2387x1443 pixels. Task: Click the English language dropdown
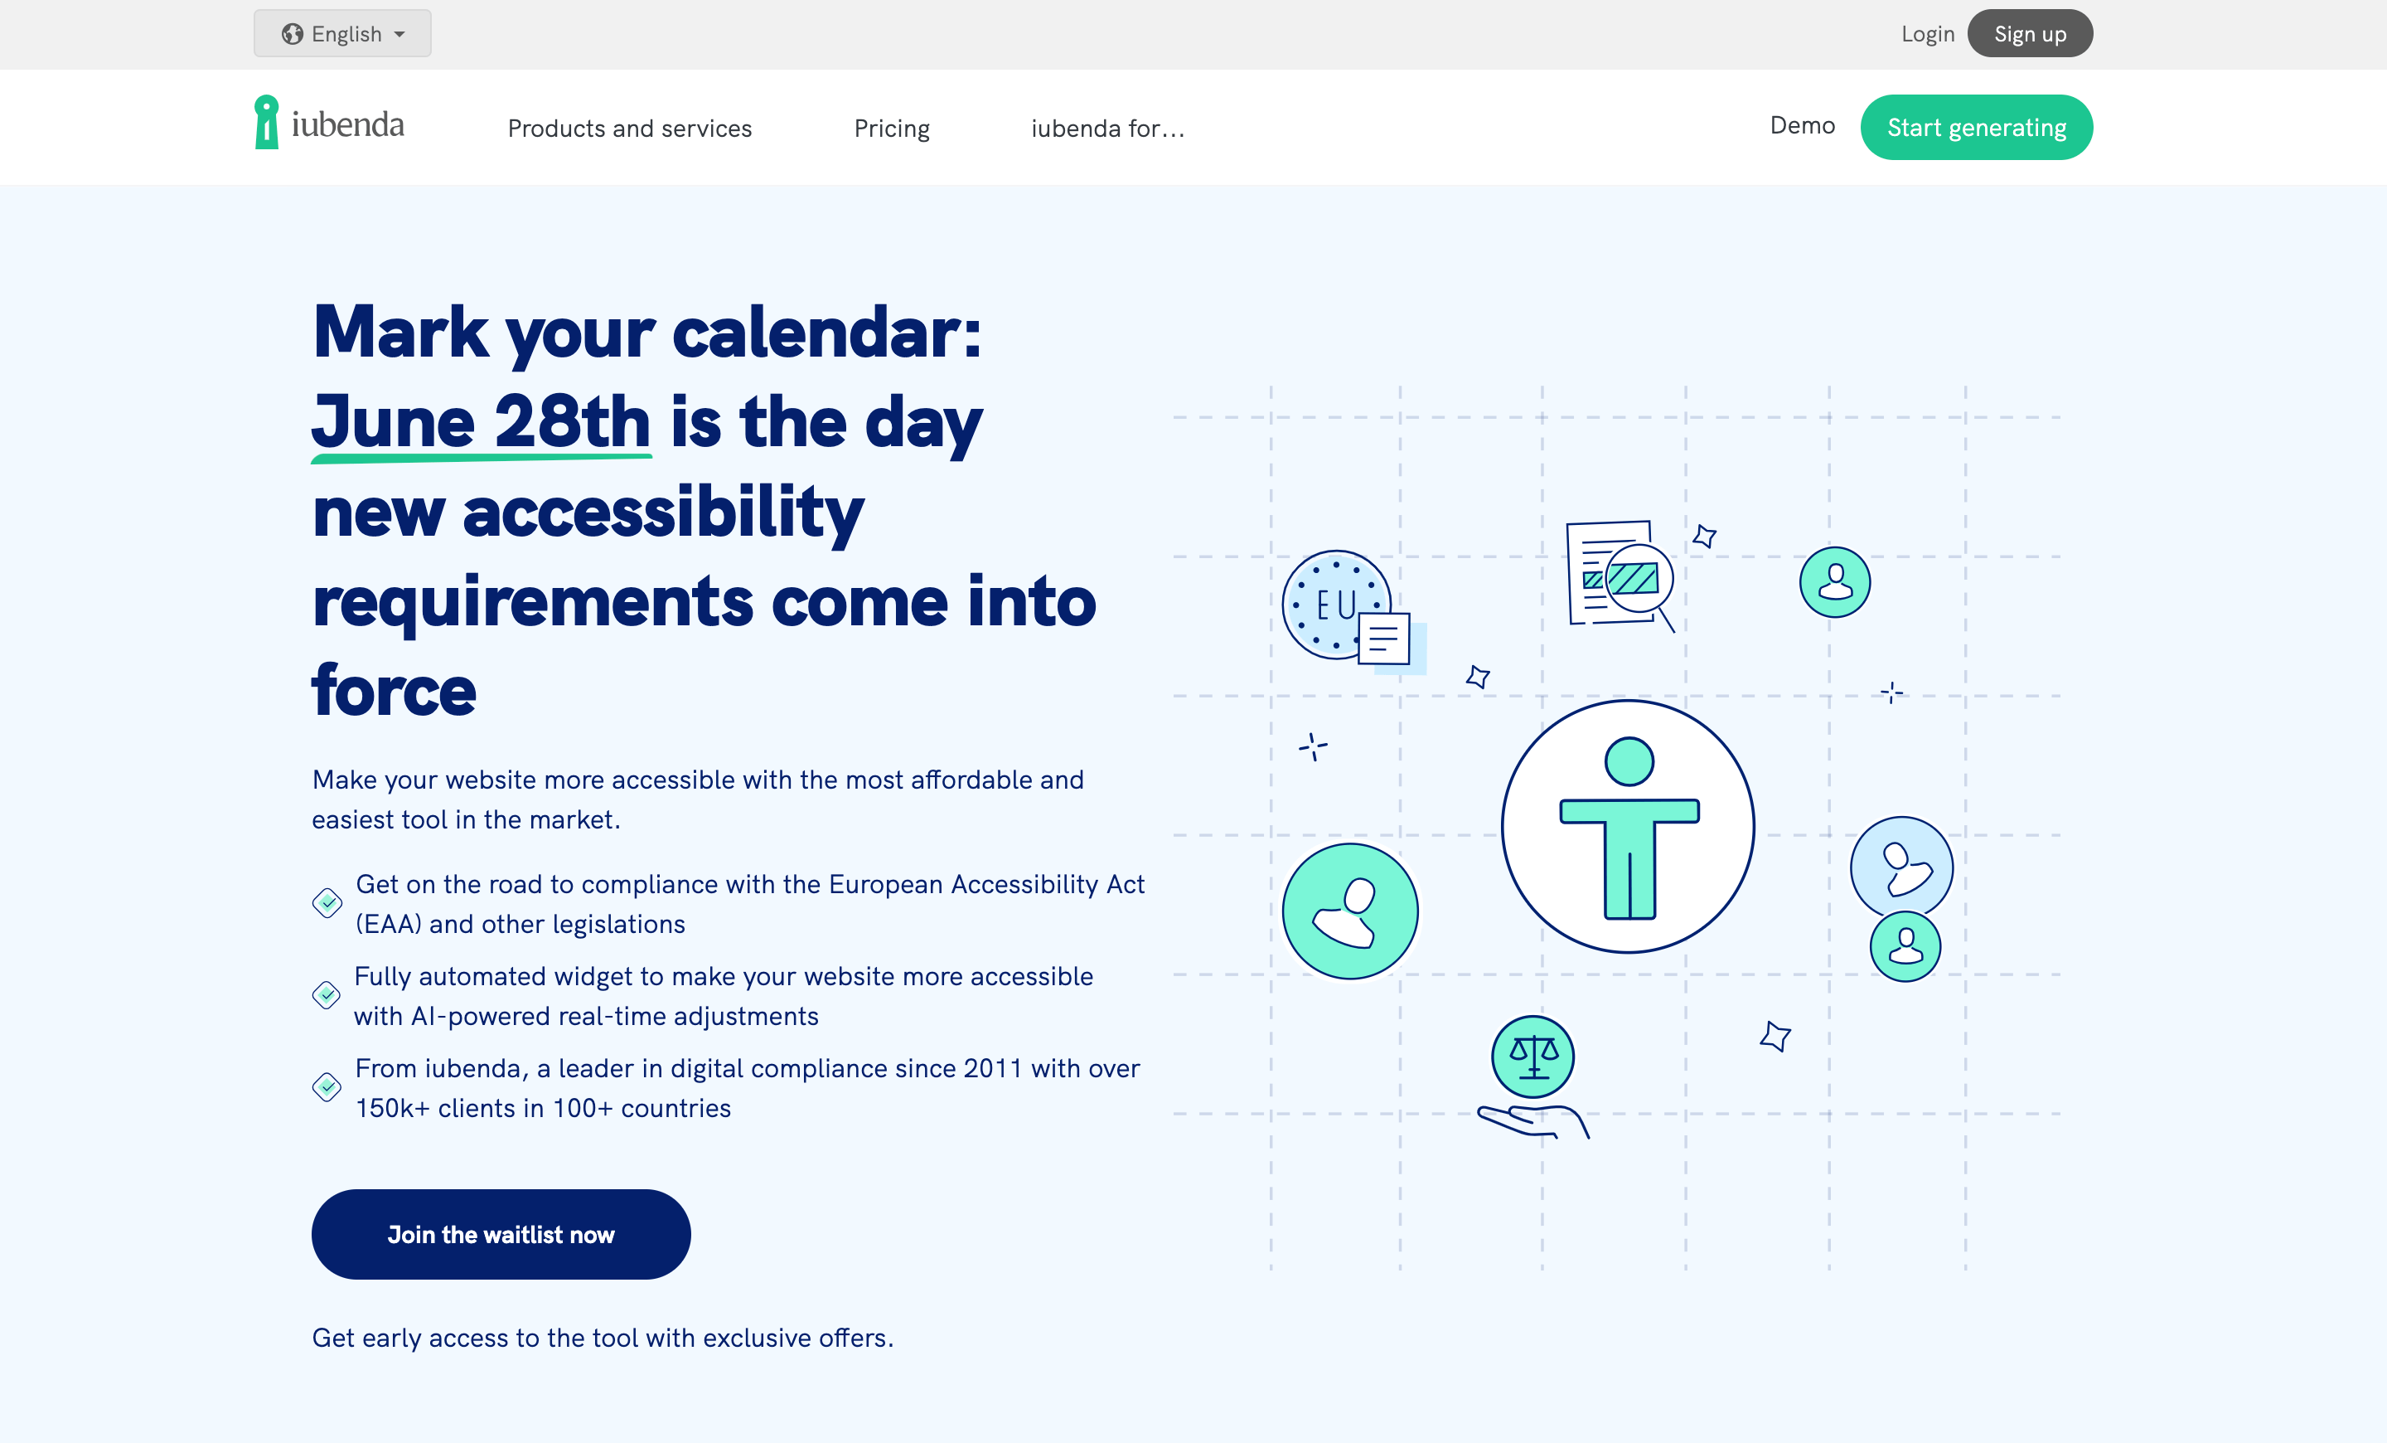click(342, 34)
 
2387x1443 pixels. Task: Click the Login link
click(1927, 34)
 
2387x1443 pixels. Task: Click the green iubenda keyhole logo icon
click(266, 122)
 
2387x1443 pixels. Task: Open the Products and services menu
click(630, 128)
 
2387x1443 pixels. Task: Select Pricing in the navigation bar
click(891, 128)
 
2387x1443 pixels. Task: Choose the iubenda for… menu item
click(1107, 128)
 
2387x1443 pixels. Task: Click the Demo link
click(1802, 125)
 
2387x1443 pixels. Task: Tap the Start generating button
click(1976, 127)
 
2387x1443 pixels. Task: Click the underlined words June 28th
click(481, 422)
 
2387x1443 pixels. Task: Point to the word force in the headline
click(395, 691)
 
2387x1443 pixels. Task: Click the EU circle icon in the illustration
click(1336, 605)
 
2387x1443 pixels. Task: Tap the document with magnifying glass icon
click(1620, 576)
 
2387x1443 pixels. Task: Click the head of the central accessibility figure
click(1629, 761)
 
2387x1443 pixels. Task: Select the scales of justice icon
click(1532, 1057)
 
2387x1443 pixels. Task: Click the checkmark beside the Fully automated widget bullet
click(327, 994)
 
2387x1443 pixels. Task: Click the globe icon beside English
click(292, 34)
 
